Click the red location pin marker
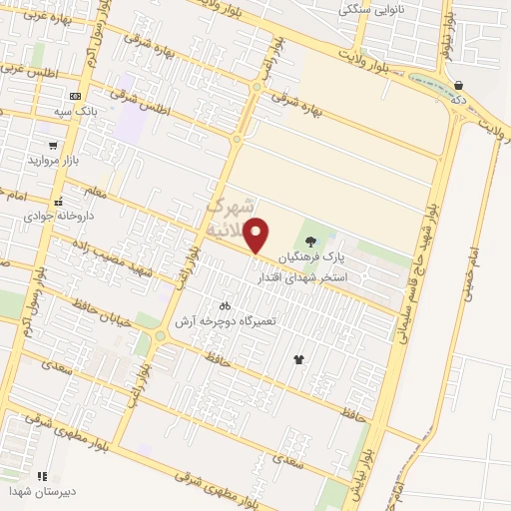257,236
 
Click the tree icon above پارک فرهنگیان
310,241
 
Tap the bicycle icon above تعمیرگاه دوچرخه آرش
225,305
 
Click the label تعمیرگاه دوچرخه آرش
225,321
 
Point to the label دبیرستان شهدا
41,492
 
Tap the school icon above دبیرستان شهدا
42,476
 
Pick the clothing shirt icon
297,358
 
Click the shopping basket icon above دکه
457,86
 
